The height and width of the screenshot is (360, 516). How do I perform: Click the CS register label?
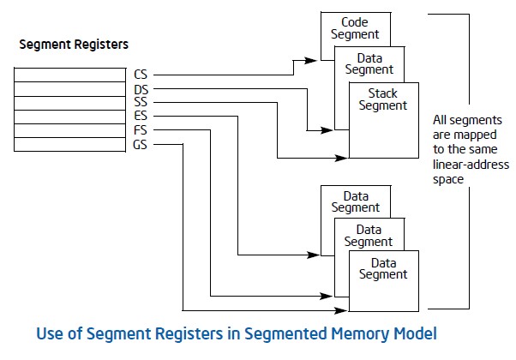coord(141,74)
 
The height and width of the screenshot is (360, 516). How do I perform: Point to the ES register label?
coord(141,116)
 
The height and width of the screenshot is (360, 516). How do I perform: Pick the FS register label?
coord(141,129)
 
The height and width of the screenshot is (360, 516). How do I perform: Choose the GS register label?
coord(141,144)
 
